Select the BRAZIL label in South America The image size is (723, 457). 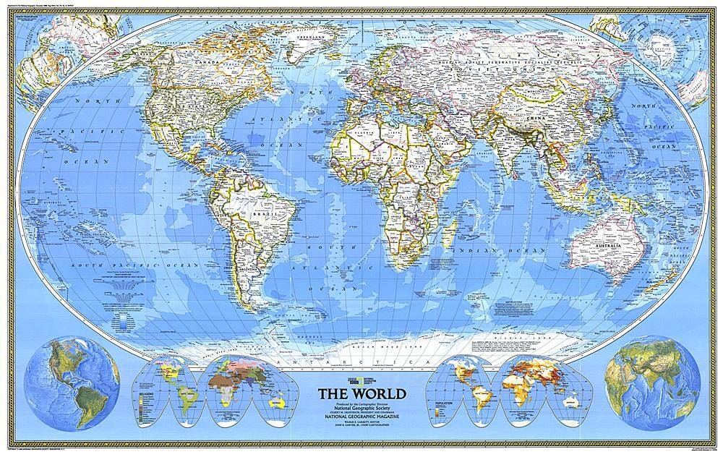tap(260, 215)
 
